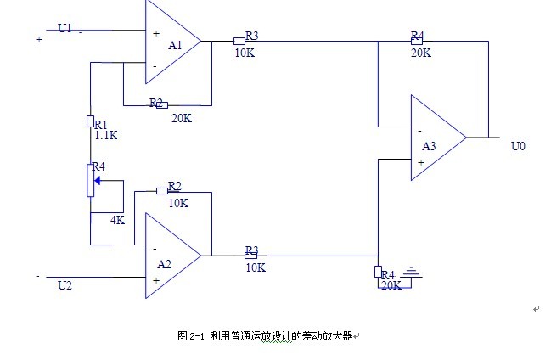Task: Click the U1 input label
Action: [x=65, y=28]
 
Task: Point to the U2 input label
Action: [x=65, y=286]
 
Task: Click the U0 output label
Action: [x=518, y=147]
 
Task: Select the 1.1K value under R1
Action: [x=105, y=135]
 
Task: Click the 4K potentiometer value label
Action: [x=118, y=220]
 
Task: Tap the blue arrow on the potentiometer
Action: [x=98, y=180]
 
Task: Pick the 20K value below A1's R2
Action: [x=181, y=118]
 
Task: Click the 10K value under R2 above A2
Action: [x=177, y=203]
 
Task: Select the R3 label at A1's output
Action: [x=251, y=37]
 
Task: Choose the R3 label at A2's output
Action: [x=251, y=251]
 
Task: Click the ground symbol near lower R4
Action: [x=412, y=273]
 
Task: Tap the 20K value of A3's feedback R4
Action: [x=420, y=53]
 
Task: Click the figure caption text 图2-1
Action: [x=192, y=336]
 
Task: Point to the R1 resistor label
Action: [x=100, y=124]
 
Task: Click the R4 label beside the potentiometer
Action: [x=98, y=166]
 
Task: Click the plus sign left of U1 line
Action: [x=39, y=39]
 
